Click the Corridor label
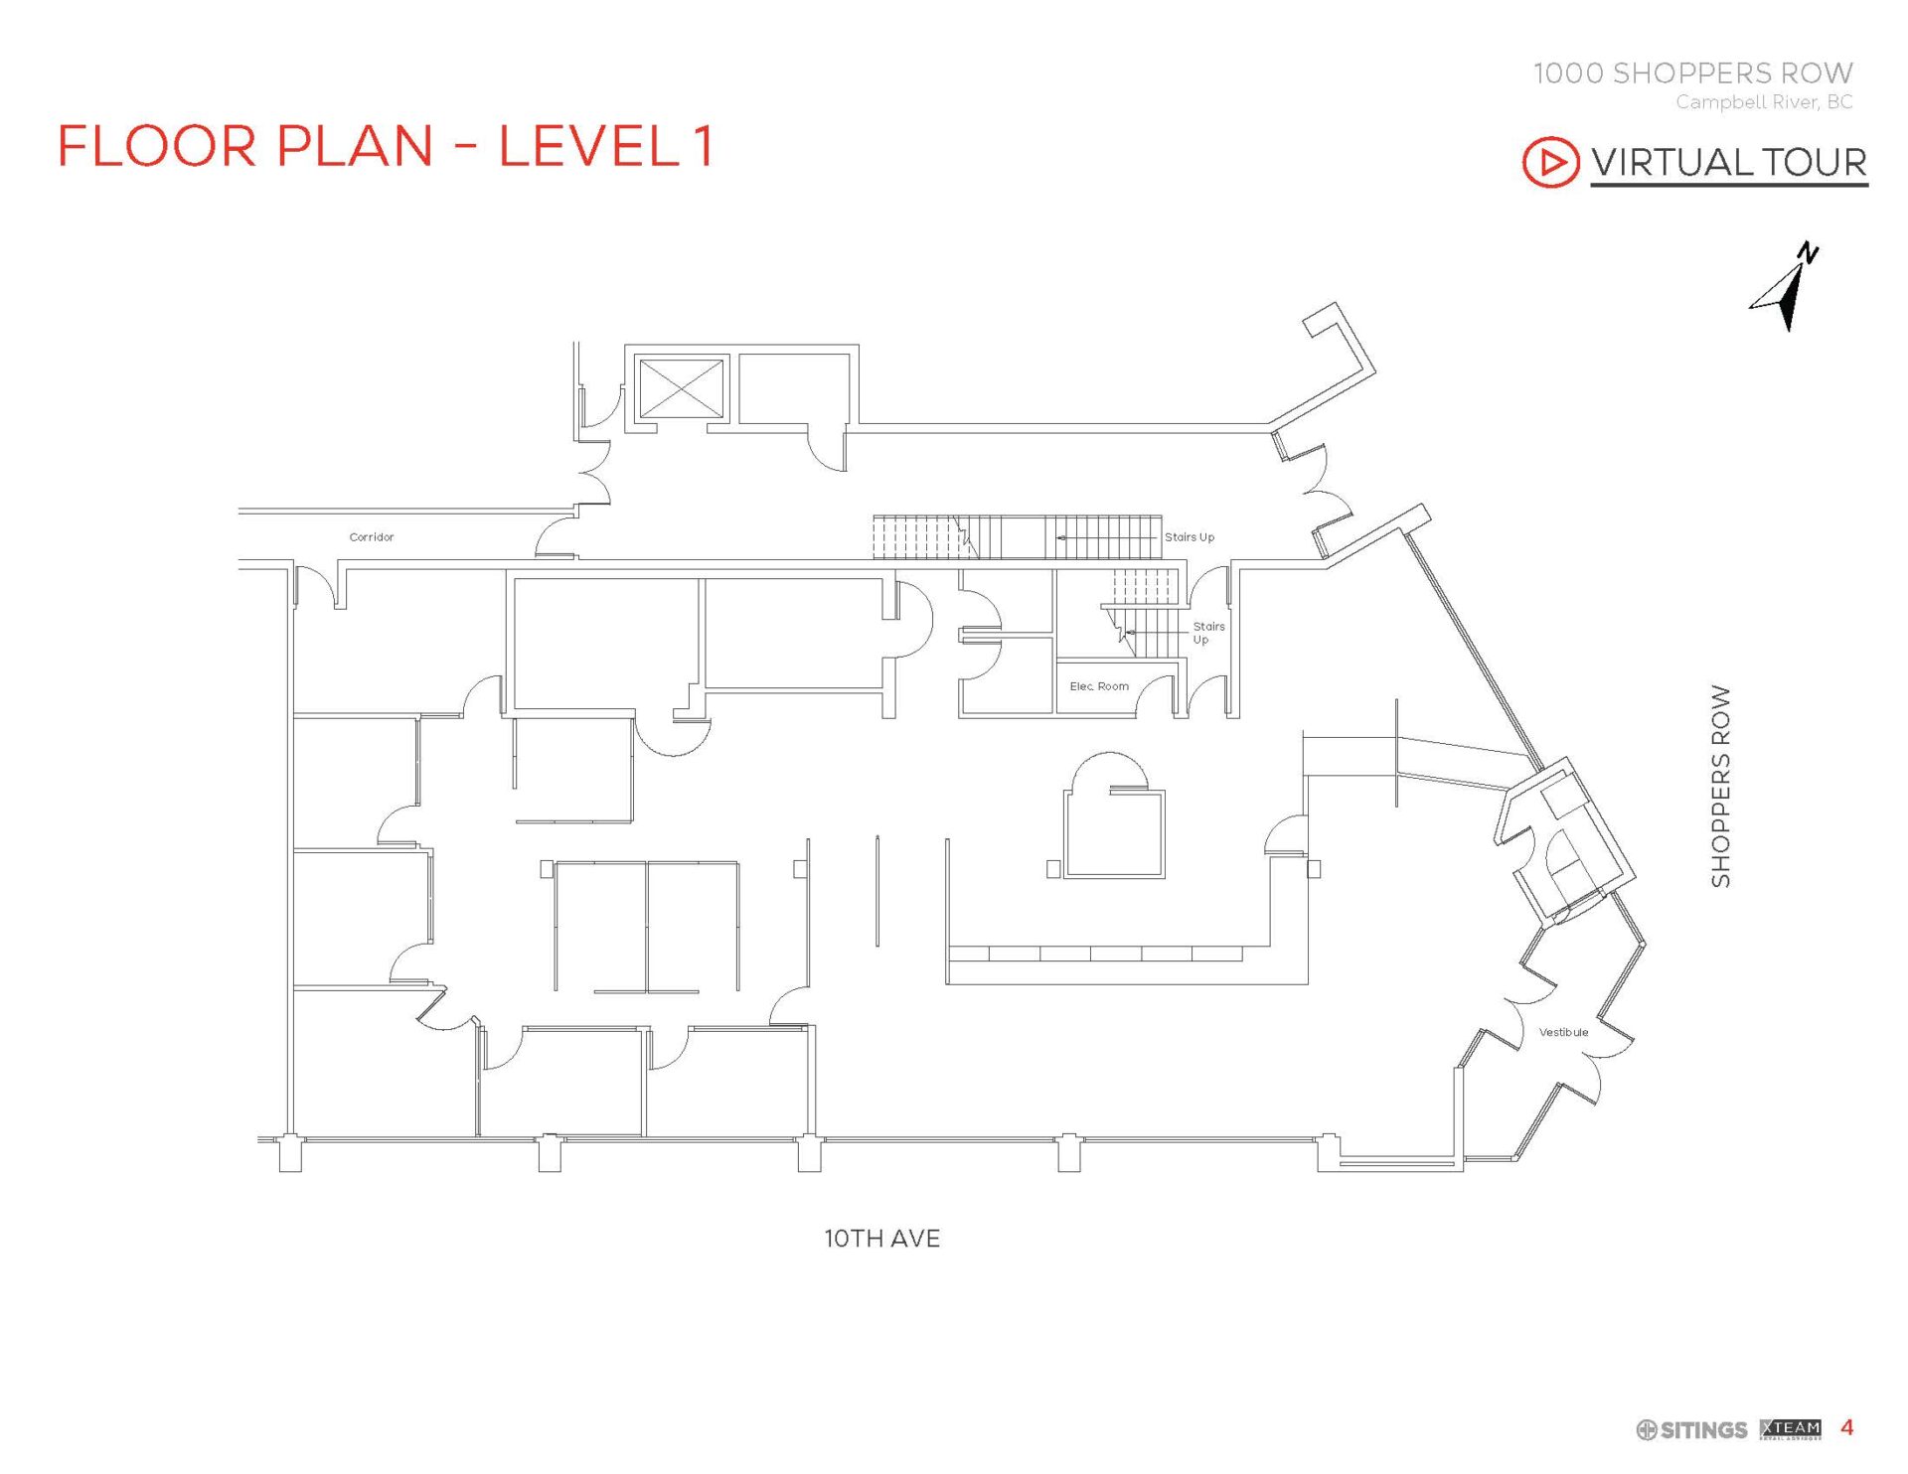pos(371,537)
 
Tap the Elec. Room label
pos(1098,686)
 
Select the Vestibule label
pos(1563,1032)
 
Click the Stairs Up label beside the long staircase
pos(1189,537)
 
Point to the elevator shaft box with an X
pos(681,388)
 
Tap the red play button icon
pos(1549,162)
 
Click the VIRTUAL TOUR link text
pos(1728,162)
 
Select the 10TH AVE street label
pos(881,1239)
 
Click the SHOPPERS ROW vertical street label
pos(1720,786)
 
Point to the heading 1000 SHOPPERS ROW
pos(1692,73)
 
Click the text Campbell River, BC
pos(1763,101)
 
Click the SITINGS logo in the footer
pos(1691,1429)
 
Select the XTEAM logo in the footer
pos(1790,1428)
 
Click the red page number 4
pos(1846,1427)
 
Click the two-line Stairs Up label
pos(1207,633)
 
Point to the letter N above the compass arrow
pos(1809,254)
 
